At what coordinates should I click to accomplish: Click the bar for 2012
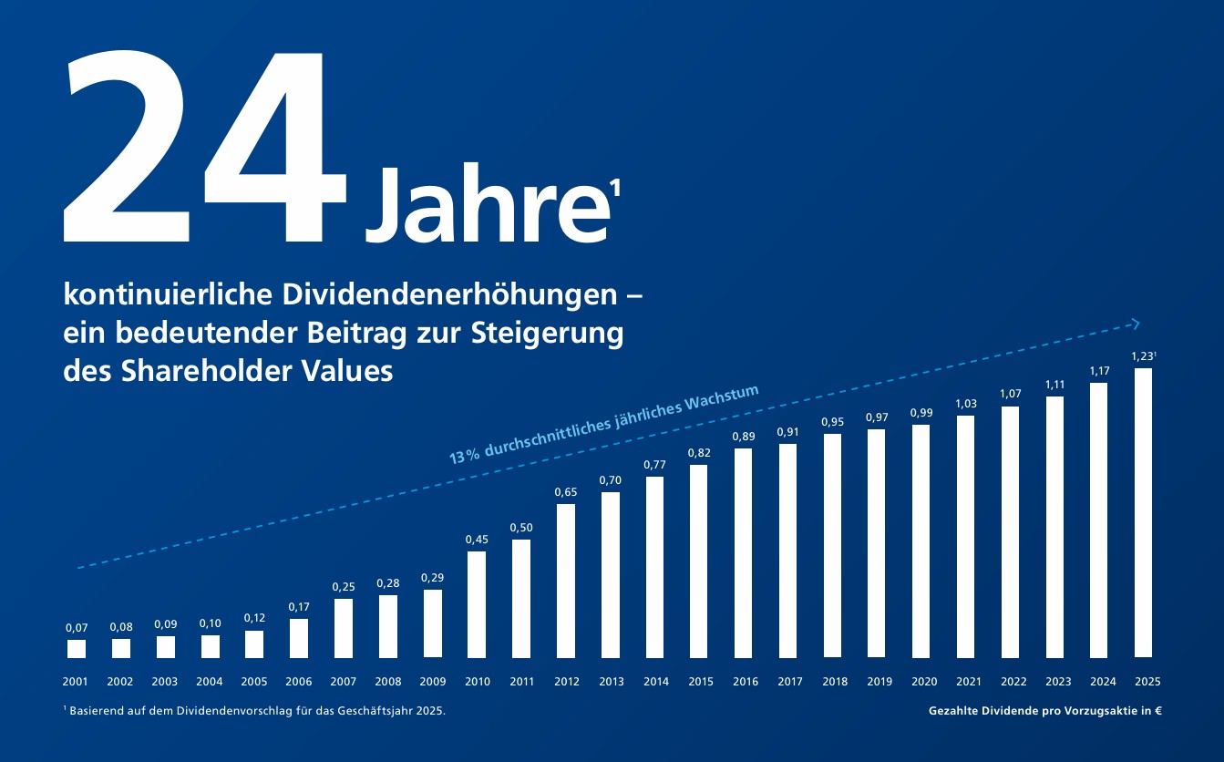click(566, 581)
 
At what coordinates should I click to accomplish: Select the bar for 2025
click(1144, 513)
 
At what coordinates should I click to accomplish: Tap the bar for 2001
click(77, 649)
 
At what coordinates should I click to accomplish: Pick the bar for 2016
click(744, 553)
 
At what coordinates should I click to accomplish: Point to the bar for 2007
click(344, 628)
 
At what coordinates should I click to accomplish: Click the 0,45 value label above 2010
click(477, 540)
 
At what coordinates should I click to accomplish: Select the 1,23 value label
click(1142, 356)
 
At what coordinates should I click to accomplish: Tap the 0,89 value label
click(744, 437)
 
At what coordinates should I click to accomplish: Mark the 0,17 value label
click(299, 607)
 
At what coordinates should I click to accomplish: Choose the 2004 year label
click(210, 681)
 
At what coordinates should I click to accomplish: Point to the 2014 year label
click(655, 681)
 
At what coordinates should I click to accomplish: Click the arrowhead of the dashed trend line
click(1135, 323)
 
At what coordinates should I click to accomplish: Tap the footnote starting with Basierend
click(255, 711)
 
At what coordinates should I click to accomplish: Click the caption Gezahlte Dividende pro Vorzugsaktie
click(1044, 711)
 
